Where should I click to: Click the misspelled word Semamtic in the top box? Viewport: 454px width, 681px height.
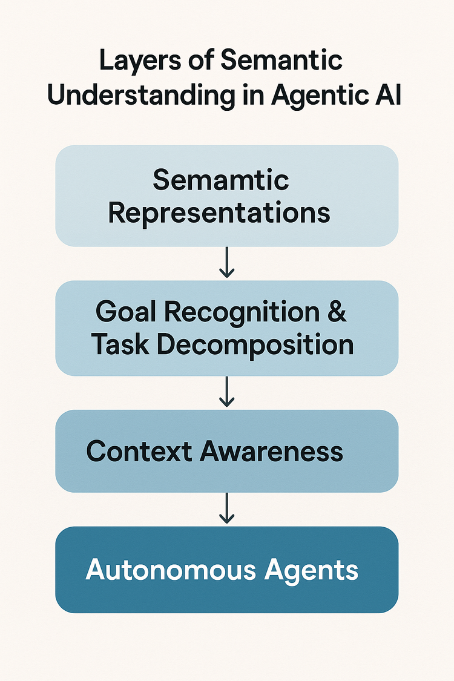pos(220,180)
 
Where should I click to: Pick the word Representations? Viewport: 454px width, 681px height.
pos(219,212)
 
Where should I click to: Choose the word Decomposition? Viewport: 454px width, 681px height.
pos(254,344)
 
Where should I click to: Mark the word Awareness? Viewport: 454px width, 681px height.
pos(272,451)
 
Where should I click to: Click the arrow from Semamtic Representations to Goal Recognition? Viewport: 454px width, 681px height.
pos(226,262)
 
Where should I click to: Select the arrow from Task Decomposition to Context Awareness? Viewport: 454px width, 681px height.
pos(226,392)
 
